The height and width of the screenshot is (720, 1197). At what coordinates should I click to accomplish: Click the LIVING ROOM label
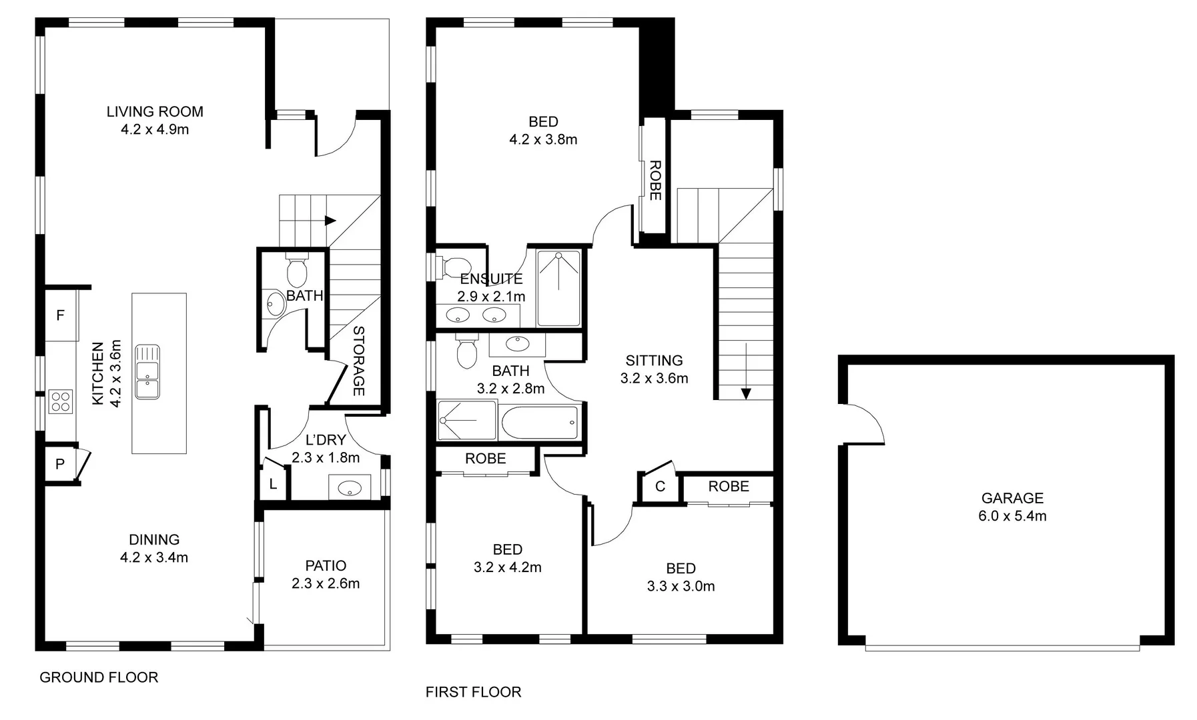tap(155, 111)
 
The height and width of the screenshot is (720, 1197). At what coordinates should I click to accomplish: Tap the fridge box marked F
tap(61, 315)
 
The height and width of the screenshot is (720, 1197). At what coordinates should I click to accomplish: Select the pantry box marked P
tap(60, 463)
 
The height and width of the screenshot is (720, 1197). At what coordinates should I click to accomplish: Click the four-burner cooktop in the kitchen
tap(60, 401)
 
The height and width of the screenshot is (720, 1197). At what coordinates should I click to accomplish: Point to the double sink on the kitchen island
tap(147, 371)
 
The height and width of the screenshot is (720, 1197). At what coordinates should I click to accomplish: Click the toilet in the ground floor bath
tap(296, 269)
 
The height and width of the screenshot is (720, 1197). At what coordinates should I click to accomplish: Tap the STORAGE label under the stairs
tap(358, 361)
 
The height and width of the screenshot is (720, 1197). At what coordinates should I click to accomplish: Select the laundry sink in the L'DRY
tap(350, 487)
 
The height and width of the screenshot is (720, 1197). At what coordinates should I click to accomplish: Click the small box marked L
tap(273, 485)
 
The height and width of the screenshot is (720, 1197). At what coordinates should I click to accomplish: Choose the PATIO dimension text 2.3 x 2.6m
tap(326, 583)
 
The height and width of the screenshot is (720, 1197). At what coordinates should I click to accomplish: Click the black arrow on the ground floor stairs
tap(330, 221)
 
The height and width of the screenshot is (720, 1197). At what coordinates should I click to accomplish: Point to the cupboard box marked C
tap(660, 487)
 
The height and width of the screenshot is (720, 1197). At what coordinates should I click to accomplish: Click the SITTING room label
tap(654, 361)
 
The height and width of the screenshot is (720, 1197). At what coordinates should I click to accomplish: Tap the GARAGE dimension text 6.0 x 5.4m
tap(1012, 515)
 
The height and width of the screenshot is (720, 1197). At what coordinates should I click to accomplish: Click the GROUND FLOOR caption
tap(99, 677)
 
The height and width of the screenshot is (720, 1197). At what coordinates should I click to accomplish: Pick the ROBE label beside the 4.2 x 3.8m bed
tap(655, 180)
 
